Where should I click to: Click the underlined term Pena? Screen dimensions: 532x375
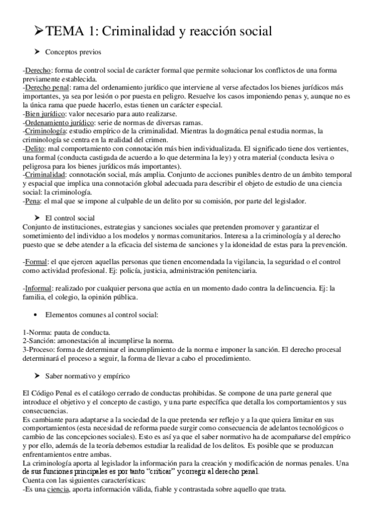point(33,201)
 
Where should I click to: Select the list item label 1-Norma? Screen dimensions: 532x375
point(36,332)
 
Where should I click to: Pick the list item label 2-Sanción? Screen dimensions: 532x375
point(39,341)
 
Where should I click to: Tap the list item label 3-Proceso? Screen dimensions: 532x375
point(39,349)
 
